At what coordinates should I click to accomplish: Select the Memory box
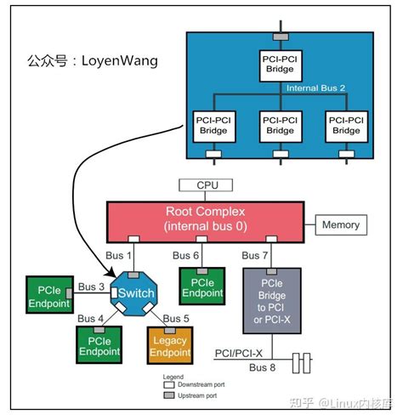340,225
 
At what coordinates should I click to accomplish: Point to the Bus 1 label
118,255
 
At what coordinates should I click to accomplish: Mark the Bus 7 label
255,255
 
